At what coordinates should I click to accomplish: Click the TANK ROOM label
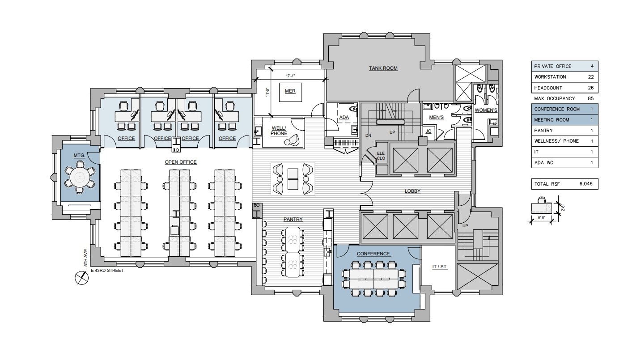[383, 68]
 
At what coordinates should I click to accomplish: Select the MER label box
[290, 91]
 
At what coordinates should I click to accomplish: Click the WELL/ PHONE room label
[279, 131]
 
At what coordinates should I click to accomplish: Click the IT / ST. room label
[440, 267]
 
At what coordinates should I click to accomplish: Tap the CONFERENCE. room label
[374, 254]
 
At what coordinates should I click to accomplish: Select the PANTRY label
[293, 219]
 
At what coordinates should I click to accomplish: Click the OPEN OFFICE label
[181, 162]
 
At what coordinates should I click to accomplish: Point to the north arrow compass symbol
[81, 278]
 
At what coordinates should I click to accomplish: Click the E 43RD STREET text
[107, 270]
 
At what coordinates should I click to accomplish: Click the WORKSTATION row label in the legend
[550, 77]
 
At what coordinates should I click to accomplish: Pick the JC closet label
[428, 131]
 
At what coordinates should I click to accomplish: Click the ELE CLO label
[381, 155]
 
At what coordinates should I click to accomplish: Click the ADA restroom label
[344, 118]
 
